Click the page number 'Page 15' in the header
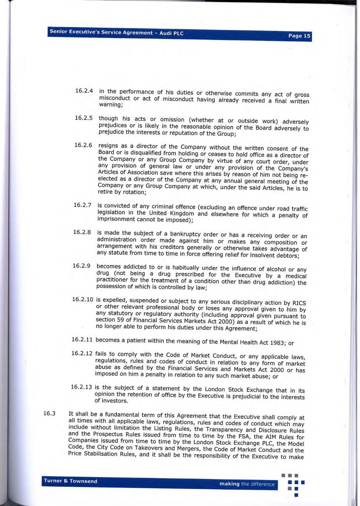(x=299, y=36)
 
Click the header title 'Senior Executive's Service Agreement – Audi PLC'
(x=117, y=32)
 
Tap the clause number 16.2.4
(x=84, y=91)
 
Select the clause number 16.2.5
(x=83, y=118)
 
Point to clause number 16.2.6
(x=83, y=145)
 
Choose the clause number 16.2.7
(x=82, y=205)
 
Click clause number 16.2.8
(x=82, y=232)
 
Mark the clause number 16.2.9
(x=81, y=266)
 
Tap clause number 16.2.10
(x=83, y=299)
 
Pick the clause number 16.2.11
(x=82, y=340)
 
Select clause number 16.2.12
(x=81, y=353)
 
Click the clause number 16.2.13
(x=81, y=387)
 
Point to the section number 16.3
(x=49, y=413)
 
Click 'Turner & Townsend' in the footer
(x=70, y=481)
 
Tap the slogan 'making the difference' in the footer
(x=247, y=484)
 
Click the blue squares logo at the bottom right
(x=295, y=485)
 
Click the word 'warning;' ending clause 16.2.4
(x=111, y=105)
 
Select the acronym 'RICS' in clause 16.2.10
(x=299, y=303)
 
